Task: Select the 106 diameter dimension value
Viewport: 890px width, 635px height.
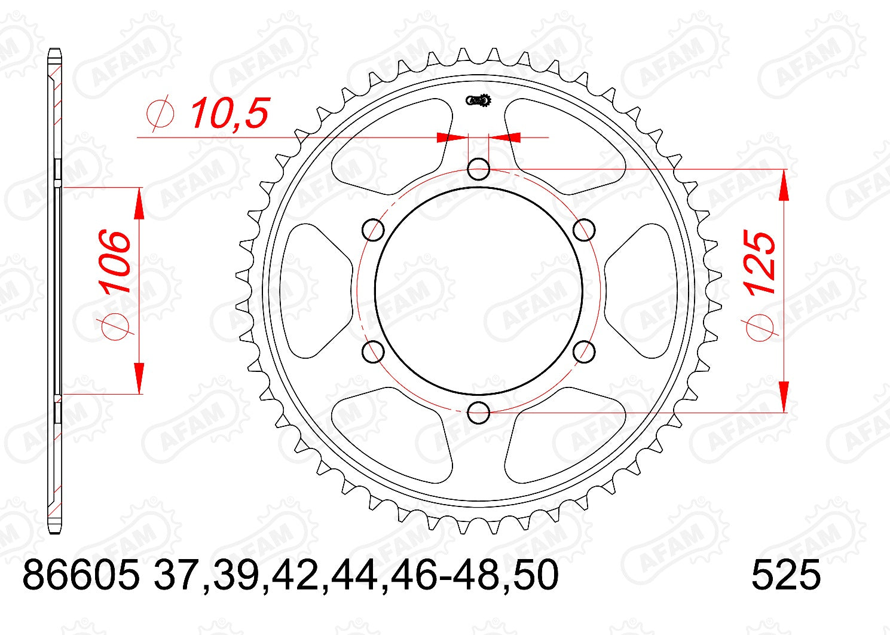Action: click(115, 261)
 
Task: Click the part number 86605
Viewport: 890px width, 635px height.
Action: click(81, 576)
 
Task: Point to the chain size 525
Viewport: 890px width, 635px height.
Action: click(785, 576)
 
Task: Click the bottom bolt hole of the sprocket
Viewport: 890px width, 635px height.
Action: click(478, 412)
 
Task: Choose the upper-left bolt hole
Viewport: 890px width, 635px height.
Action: click(374, 230)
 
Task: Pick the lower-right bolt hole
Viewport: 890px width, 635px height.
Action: click(583, 352)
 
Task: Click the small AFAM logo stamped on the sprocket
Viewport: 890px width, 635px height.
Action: click(478, 100)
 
